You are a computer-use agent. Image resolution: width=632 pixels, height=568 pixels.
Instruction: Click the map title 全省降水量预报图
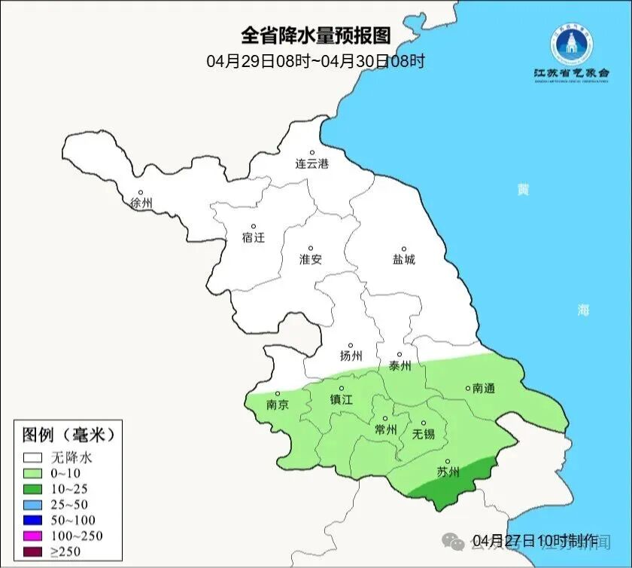coord(316,35)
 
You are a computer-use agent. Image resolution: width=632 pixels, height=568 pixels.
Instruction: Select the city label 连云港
coord(311,163)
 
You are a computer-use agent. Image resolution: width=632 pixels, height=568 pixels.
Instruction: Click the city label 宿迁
coord(254,237)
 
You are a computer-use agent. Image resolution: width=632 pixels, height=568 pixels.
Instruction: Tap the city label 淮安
coord(311,259)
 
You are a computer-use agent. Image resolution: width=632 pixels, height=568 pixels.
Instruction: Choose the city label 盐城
coord(403,260)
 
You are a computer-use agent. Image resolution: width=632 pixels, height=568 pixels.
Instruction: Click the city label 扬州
coord(351,356)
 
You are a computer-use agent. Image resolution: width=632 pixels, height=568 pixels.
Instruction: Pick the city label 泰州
coord(400,365)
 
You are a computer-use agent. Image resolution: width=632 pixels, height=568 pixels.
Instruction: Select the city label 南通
coord(483,389)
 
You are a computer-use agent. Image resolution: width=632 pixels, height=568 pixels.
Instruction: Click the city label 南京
coord(278,405)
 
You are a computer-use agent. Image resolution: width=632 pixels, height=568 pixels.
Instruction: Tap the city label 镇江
coord(341,400)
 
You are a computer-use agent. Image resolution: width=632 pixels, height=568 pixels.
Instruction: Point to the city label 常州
coord(385,429)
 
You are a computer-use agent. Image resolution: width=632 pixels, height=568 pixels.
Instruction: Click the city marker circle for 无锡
coord(423,423)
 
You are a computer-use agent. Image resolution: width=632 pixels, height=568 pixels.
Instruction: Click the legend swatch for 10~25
coord(33,489)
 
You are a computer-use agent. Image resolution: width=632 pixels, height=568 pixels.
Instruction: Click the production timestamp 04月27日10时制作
coord(535,540)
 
